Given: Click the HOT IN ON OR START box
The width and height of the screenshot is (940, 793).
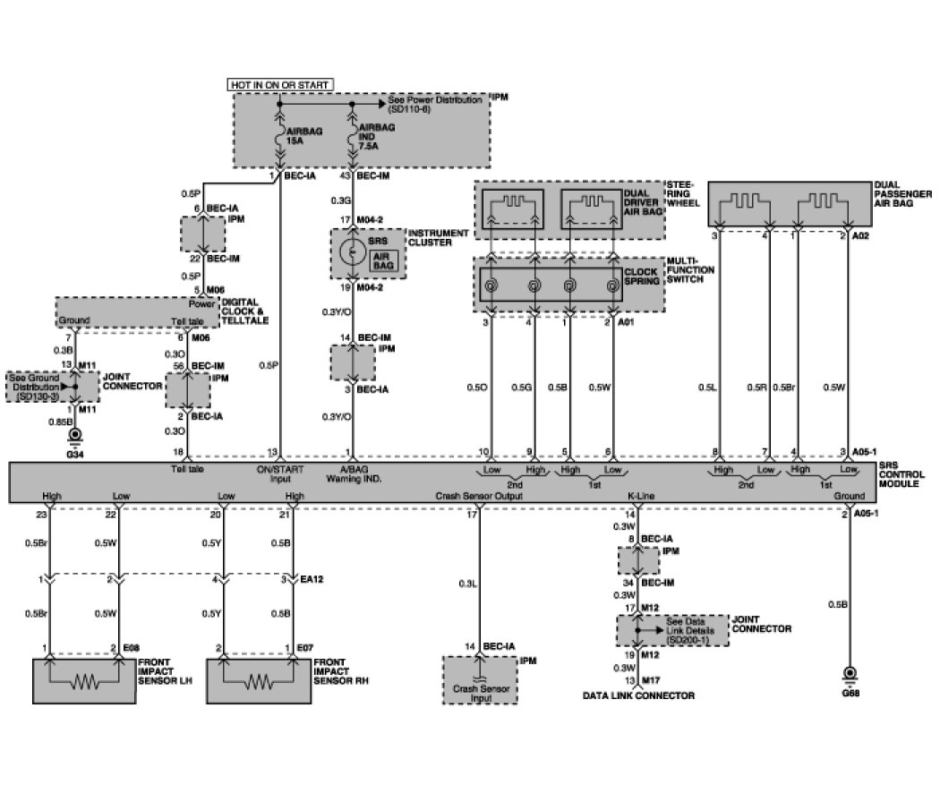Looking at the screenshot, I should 281,84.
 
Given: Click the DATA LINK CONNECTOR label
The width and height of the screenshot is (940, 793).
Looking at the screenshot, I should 638,695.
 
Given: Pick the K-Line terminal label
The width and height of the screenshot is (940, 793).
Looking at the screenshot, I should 638,495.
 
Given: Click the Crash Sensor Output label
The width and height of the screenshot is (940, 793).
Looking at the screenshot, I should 473,495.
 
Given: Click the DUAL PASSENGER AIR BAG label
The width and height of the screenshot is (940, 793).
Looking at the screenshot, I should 903,199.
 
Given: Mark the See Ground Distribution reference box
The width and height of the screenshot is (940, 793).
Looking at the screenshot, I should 37,386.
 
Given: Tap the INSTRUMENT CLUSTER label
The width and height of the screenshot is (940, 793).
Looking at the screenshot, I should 437,238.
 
